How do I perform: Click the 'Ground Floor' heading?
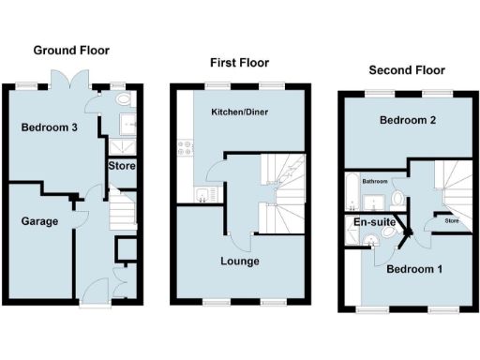[71, 50]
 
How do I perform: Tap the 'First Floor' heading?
[238, 62]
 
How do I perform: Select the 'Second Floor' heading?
[406, 69]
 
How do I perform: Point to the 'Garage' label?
[40, 222]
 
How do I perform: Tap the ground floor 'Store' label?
[122, 166]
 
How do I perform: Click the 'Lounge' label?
[241, 261]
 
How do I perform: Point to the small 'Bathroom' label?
[376, 181]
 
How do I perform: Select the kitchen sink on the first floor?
[203, 194]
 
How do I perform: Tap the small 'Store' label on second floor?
[451, 222]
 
